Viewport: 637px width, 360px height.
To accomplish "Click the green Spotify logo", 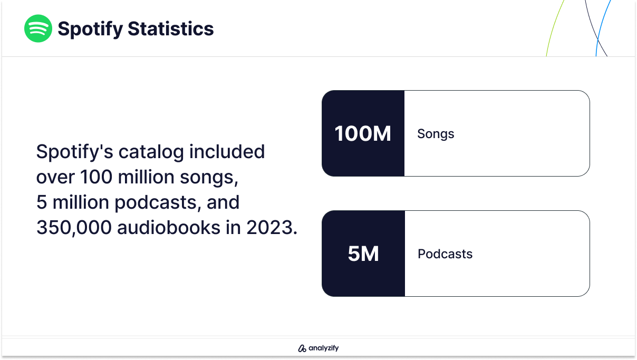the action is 38,28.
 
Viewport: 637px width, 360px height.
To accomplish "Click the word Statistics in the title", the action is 171,28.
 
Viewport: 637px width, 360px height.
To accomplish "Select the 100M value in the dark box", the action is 363,133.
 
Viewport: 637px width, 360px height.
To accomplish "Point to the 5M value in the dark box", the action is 363,254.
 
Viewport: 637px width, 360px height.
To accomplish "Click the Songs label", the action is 436,134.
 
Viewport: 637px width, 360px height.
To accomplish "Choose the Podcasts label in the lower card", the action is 445,254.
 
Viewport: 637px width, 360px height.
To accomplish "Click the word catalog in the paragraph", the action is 151,152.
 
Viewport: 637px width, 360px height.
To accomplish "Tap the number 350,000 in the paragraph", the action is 74,228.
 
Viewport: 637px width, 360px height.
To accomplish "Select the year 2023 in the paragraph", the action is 269,228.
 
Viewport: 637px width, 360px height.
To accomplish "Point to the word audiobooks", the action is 169,228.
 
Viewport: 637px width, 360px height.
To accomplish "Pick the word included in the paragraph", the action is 227,151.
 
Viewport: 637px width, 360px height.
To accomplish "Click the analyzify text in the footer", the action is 324,348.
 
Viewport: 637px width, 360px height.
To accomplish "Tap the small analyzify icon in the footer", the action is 302,348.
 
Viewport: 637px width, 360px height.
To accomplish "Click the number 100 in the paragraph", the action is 96,177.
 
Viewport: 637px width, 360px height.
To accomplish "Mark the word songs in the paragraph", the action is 209,178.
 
